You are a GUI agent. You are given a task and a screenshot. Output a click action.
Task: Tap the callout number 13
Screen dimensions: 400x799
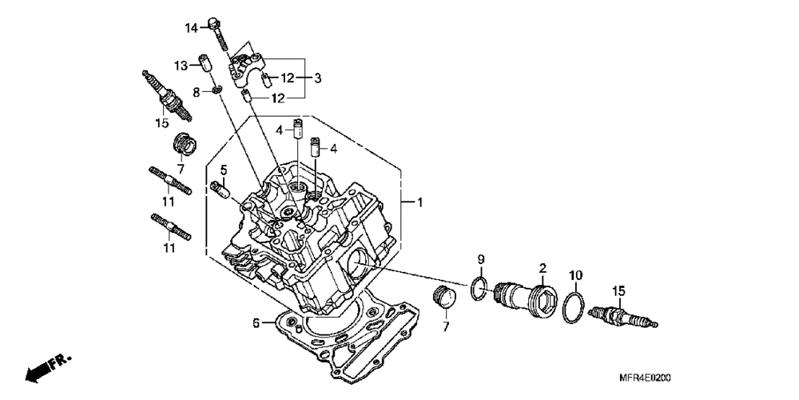click(181, 65)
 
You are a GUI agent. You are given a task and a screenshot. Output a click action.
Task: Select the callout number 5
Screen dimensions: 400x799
click(224, 170)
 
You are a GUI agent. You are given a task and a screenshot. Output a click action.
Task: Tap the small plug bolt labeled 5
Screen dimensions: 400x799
click(220, 190)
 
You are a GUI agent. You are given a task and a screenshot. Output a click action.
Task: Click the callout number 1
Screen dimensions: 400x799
click(419, 203)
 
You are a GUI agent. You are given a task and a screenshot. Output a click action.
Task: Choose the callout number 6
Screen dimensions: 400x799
click(256, 323)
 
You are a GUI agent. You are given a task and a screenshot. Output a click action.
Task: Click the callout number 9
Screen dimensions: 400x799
click(481, 259)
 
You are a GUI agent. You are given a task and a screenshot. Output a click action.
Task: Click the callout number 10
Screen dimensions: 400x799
click(575, 276)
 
